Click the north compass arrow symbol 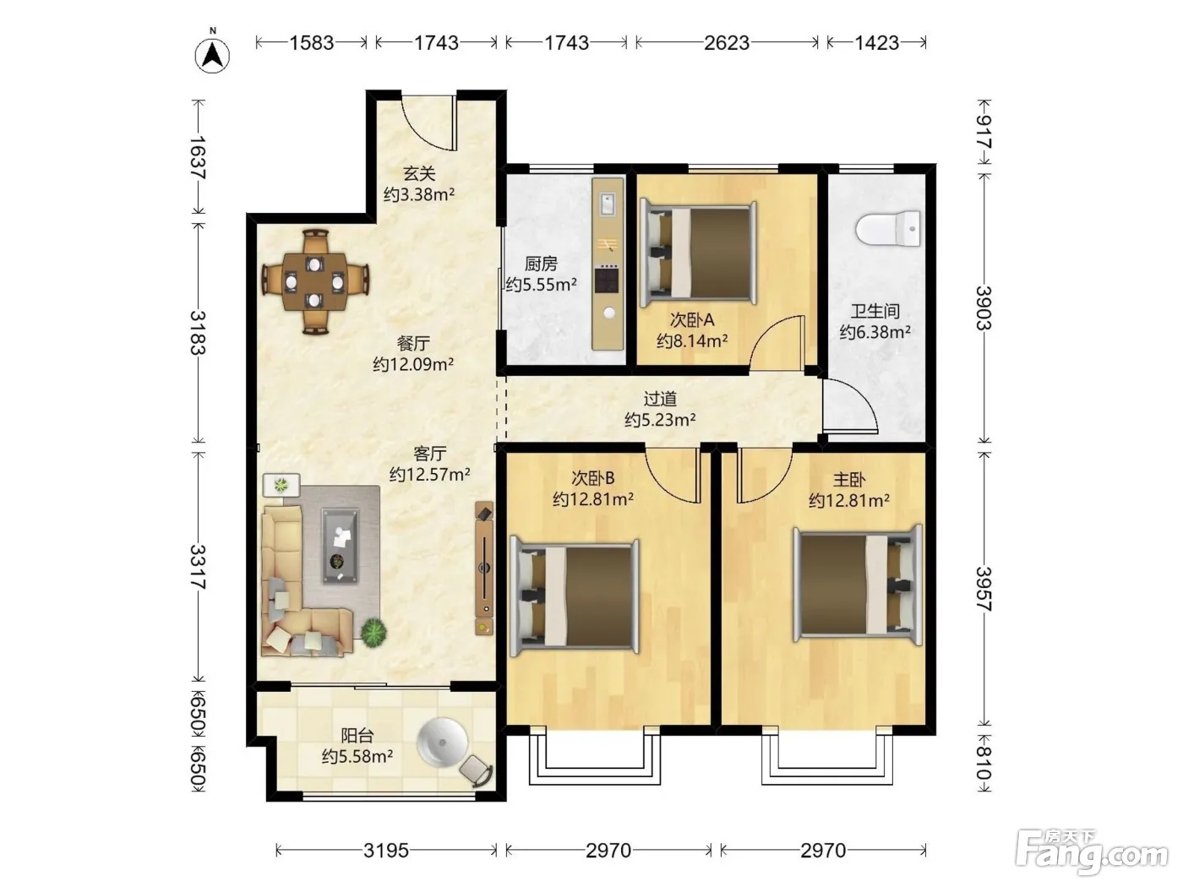coord(212,55)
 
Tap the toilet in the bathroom coord(887,229)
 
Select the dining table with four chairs coord(315,281)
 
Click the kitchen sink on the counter coord(608,204)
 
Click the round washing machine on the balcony coord(443,743)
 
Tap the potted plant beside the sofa coord(373,632)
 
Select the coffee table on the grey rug coord(340,546)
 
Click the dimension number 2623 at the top coord(727,42)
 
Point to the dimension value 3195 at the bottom coord(386,851)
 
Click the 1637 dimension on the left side coord(198,157)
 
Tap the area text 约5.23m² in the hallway coord(660,420)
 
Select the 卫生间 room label coord(875,311)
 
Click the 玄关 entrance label coord(419,173)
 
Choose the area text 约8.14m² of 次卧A coord(692,340)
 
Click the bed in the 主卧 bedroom coord(858,584)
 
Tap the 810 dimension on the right coord(984,763)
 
